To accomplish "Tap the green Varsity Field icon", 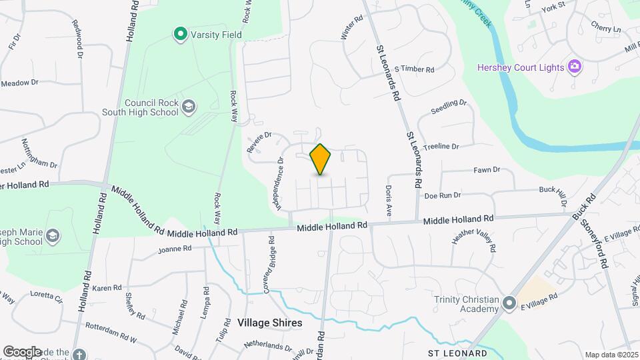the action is click(179, 33).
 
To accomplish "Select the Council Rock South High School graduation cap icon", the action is click(189, 106).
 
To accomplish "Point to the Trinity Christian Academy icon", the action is click(509, 303).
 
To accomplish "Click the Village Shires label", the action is click(269, 323).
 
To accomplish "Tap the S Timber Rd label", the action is click(414, 69).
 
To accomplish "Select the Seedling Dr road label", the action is click(449, 107).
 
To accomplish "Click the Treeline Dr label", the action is click(441, 147).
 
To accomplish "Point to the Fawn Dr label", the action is click(487, 170).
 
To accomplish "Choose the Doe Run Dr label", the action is click(443, 195).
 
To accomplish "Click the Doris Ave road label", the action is click(388, 201).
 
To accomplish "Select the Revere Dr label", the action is click(260, 142).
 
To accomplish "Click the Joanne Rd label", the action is click(175, 249).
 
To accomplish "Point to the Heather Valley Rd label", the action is click(475, 239).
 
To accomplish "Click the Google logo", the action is click(22, 352).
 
